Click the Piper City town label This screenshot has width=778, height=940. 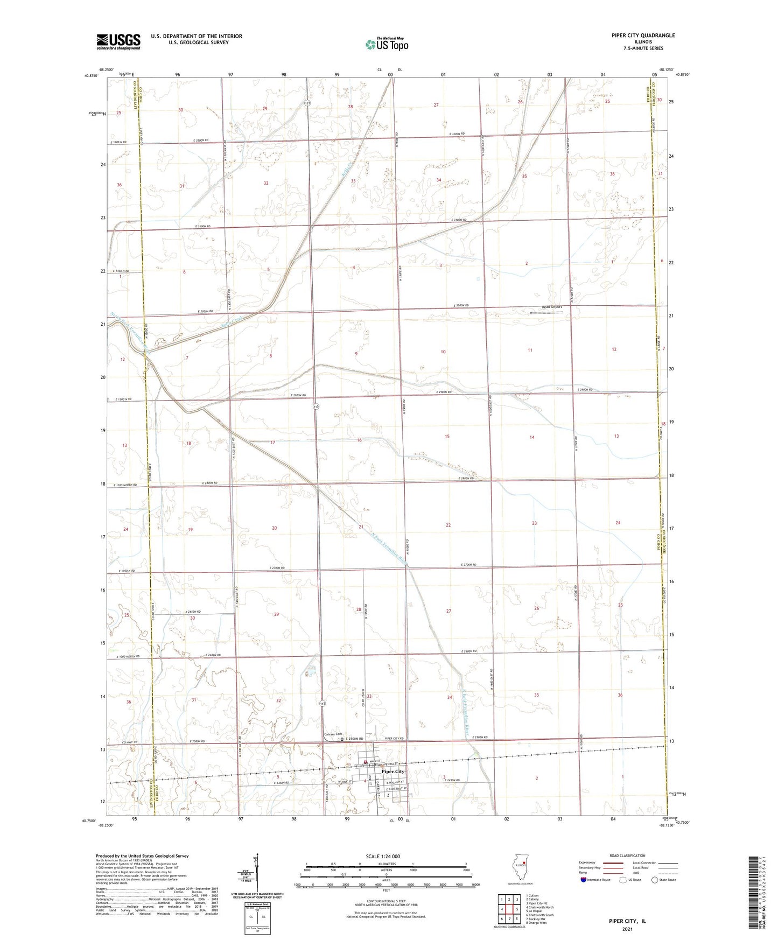392,771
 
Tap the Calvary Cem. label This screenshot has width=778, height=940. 333,734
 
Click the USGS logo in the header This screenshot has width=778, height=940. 118,41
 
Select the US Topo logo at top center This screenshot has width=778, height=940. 386,44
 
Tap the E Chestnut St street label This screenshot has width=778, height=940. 402,789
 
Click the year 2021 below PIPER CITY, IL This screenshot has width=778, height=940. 627,929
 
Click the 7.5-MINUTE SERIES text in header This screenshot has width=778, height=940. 643,48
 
